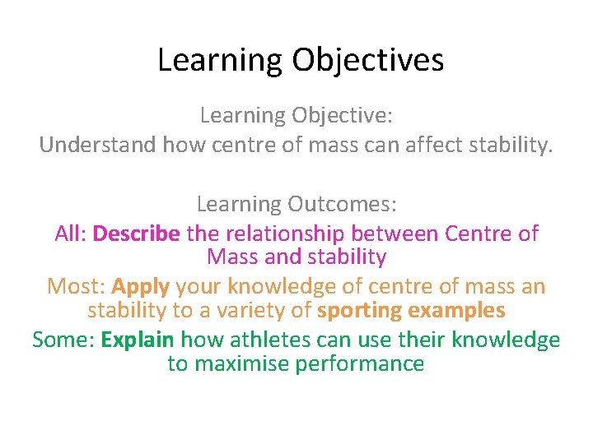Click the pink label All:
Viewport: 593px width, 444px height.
(71, 234)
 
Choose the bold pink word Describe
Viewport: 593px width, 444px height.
(137, 234)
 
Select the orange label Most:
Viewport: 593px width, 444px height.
(77, 287)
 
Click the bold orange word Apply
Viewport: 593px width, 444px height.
(141, 287)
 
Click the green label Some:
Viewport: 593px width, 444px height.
(63, 340)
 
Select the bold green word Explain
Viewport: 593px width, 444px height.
(138, 340)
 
